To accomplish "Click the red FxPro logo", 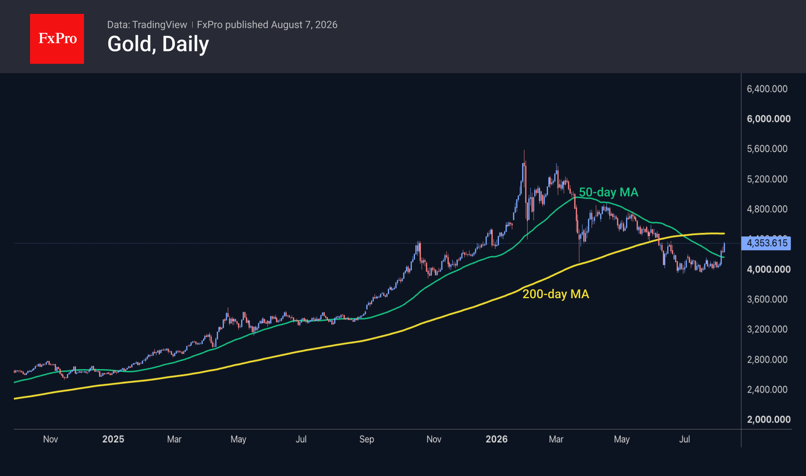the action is point(57,39).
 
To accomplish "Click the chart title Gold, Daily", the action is point(158,44).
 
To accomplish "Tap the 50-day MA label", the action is point(609,192).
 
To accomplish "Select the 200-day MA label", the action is point(556,294).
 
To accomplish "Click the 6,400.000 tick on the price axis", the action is point(767,89).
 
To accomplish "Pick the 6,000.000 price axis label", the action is point(769,119).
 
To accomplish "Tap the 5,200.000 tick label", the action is point(767,179).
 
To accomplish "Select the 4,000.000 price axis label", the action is point(769,269).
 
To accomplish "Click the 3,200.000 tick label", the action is point(767,329).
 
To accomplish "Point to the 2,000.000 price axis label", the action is point(769,419).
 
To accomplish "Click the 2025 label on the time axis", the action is point(113,439).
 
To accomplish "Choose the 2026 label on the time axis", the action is point(497,439).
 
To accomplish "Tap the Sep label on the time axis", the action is point(367,439).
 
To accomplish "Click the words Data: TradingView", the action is point(147,25).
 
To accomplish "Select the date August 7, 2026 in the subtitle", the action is point(304,25).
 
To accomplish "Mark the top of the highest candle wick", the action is point(524,150).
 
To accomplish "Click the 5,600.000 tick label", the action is point(767,149).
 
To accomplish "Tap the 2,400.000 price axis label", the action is point(767,389).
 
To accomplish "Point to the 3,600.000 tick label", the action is point(767,299).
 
